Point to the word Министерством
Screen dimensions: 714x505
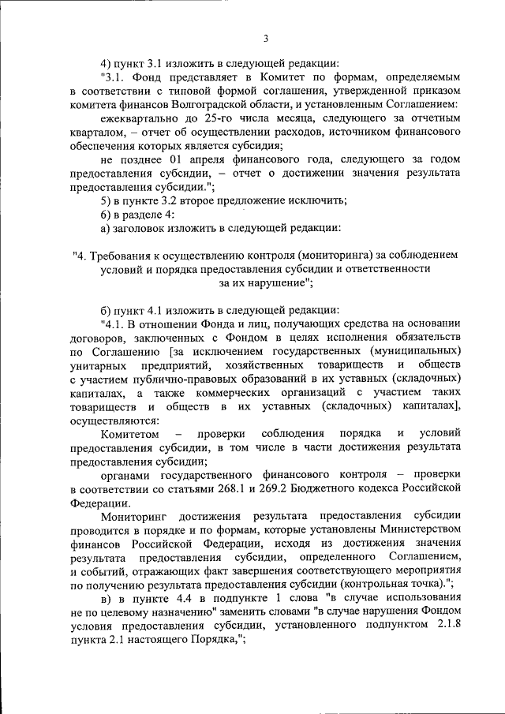413,529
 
